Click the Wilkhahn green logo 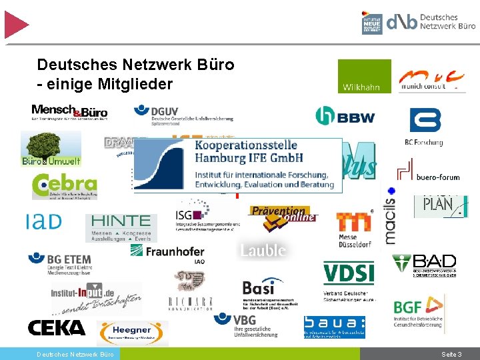tap(364, 77)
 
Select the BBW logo tap(345, 117)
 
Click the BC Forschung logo tap(425, 127)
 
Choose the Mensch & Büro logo tap(69, 111)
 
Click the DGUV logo tap(183, 113)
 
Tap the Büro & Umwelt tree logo tap(51, 148)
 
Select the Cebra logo tap(64, 186)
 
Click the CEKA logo tap(57, 328)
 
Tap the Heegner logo tap(132, 332)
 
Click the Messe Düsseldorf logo tap(354, 227)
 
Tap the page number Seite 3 tap(451, 354)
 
